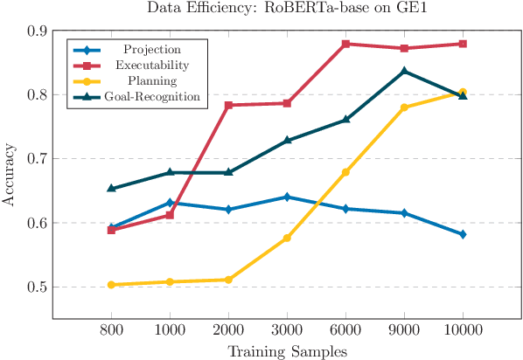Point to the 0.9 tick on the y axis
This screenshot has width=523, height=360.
(37, 31)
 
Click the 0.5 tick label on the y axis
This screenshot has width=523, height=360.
(37, 287)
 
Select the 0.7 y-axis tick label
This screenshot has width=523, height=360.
(37, 159)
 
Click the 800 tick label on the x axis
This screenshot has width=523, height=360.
(111, 330)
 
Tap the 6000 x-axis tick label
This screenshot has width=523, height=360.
(345, 330)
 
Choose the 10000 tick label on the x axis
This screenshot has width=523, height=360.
(463, 330)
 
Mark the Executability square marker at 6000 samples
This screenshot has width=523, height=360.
(345, 44)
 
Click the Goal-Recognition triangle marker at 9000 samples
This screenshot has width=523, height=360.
(404, 71)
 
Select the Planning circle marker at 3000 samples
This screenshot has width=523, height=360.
(287, 238)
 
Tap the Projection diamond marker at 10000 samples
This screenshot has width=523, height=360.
(463, 234)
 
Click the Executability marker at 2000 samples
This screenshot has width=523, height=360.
(228, 105)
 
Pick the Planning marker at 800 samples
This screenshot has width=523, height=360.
(111, 285)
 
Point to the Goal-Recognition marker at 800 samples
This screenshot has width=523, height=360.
(111, 188)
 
